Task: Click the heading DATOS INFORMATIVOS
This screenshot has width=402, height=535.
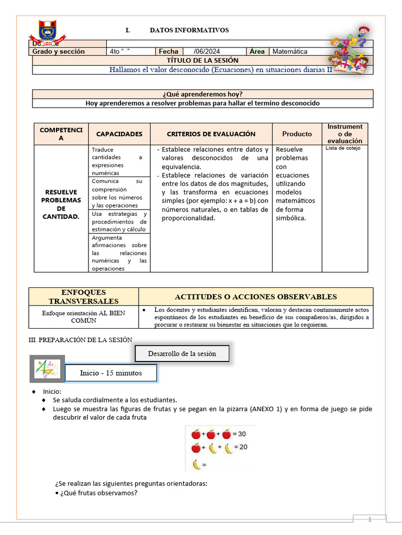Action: pos(189,30)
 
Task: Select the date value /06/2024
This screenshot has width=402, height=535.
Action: pos(207,52)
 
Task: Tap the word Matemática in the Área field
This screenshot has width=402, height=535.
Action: pos(290,52)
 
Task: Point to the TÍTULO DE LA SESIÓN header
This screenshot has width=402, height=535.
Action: pos(202,61)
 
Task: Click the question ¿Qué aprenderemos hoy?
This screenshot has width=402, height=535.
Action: pos(202,94)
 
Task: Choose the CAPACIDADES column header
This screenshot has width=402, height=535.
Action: pos(119,134)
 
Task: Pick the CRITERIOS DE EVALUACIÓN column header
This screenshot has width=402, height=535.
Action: pos(211,134)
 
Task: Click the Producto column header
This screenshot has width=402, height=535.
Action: pos(297,134)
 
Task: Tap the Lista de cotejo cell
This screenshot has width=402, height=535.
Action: pos(343,148)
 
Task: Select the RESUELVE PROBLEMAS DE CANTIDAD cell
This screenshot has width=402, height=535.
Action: pos(61,204)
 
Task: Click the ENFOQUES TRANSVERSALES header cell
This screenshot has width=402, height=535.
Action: pos(84,297)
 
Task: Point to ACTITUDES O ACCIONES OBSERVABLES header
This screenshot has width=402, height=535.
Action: pos(255,297)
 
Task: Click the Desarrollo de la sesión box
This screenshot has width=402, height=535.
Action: pos(182,354)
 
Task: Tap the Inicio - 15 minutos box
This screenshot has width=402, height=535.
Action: pos(110,373)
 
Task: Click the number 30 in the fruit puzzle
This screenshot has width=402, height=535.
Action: pos(242,434)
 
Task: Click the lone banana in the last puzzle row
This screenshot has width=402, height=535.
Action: pos(196,464)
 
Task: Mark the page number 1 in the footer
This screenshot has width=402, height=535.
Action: pos(370,519)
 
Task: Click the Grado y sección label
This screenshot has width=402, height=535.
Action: pos(58,52)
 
